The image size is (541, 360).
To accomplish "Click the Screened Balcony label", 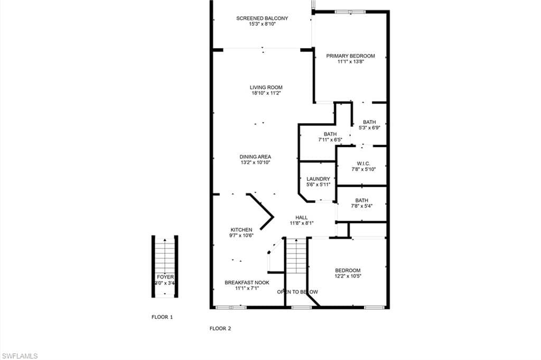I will click(x=262, y=18).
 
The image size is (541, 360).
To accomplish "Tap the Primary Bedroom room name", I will click(x=350, y=56).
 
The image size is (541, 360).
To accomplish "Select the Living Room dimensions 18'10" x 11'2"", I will click(x=266, y=93).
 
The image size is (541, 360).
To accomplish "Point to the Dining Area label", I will click(x=255, y=157).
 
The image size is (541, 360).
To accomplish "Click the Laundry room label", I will click(x=318, y=179).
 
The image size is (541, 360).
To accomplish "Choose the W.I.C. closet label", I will click(x=362, y=164).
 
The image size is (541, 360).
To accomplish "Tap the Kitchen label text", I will click(x=241, y=230).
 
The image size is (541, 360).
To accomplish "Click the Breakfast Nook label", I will click(x=247, y=282).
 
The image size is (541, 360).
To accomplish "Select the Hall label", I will click(x=301, y=217).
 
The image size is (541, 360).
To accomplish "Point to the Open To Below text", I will click(x=297, y=291).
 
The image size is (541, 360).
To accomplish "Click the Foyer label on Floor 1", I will click(x=165, y=277).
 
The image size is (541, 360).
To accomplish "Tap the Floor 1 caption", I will click(x=162, y=317).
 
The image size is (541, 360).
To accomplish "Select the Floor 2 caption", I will click(x=220, y=328).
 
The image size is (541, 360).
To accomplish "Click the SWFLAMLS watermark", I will click(x=20, y=356).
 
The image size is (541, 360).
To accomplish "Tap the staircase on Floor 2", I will click(x=296, y=256).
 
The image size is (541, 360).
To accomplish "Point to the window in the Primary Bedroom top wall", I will click(x=350, y=12).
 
